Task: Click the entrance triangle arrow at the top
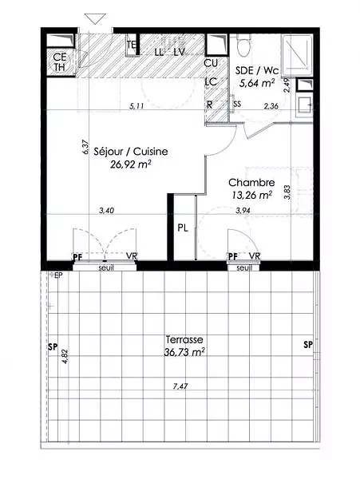(95, 18)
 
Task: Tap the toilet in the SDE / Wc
(244, 46)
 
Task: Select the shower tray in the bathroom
(297, 55)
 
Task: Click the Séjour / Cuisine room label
(131, 152)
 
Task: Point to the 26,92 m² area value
(131, 164)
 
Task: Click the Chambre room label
(251, 183)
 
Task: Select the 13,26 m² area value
(251, 195)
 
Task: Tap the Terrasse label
(184, 339)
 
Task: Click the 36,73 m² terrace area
(184, 352)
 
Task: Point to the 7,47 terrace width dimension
(180, 386)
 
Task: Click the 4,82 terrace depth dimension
(65, 356)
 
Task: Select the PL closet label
(183, 228)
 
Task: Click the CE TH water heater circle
(60, 62)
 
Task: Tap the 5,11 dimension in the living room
(136, 106)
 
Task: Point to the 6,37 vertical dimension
(85, 147)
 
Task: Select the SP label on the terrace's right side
(308, 345)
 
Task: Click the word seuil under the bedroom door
(244, 268)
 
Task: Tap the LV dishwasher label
(180, 52)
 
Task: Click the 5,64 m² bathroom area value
(256, 83)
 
